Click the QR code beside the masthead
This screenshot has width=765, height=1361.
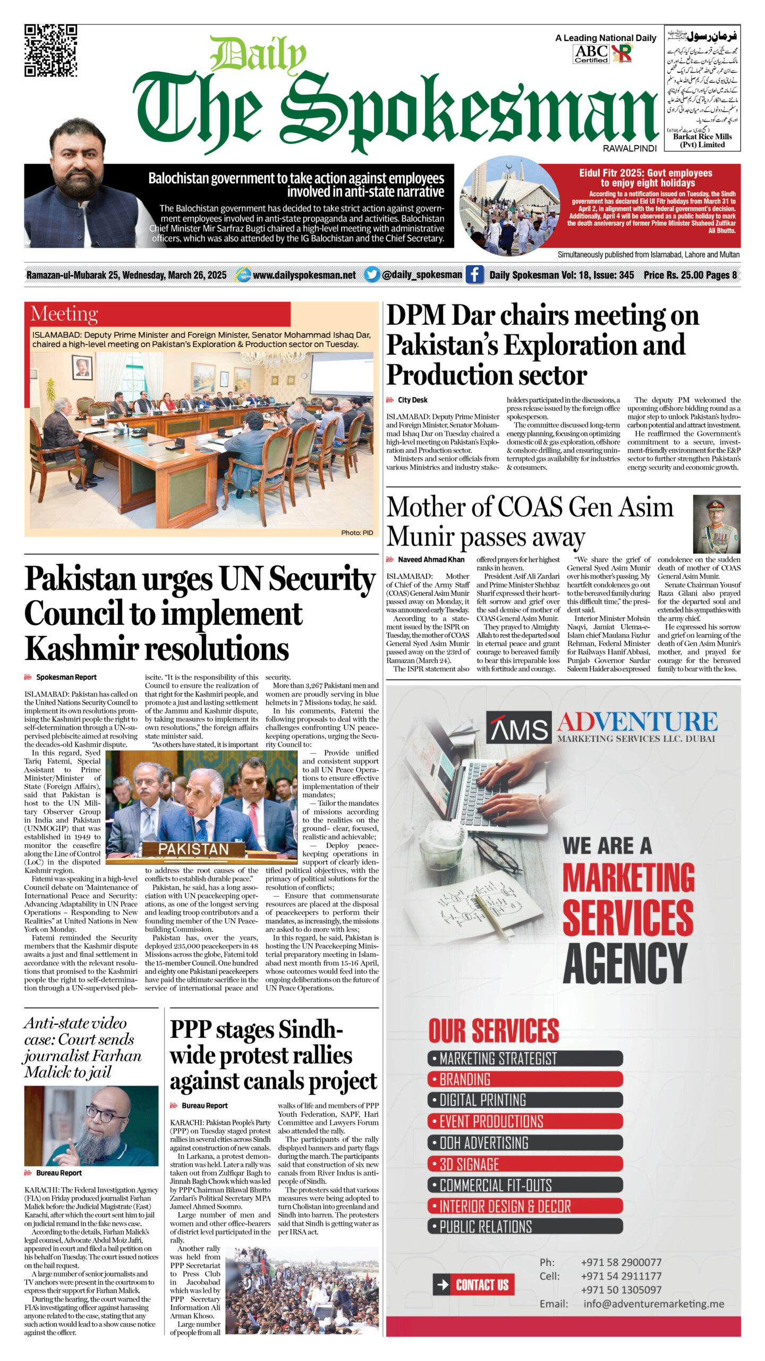(x=50, y=51)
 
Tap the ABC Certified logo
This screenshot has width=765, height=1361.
(x=591, y=54)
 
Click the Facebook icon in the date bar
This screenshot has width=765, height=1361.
(x=474, y=275)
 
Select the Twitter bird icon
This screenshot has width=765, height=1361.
(x=372, y=274)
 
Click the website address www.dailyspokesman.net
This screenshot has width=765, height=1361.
(x=304, y=275)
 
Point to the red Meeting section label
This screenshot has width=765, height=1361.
(x=64, y=314)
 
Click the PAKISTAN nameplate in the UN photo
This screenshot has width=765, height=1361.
(x=193, y=849)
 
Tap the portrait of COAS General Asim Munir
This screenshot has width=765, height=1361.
(x=716, y=524)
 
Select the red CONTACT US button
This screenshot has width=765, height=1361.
(x=473, y=1285)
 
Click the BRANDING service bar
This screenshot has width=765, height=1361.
(x=525, y=1080)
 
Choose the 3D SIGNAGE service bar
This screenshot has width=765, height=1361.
(x=525, y=1164)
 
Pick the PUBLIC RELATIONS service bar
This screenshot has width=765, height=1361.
(x=525, y=1226)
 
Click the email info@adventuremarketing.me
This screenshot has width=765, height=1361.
(x=653, y=1304)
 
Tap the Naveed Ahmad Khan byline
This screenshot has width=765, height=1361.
(x=431, y=559)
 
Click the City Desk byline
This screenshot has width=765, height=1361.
(x=412, y=400)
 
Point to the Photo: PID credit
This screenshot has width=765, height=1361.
(x=357, y=532)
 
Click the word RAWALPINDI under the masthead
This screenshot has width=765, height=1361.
(x=630, y=149)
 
